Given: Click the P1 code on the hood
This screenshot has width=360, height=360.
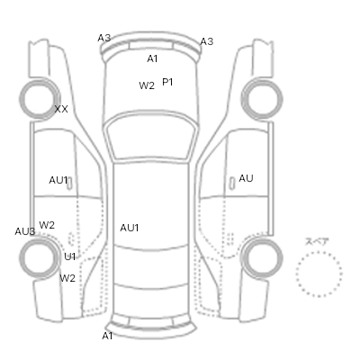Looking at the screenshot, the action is [167, 82].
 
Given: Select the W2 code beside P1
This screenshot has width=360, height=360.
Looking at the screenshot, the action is [147, 85].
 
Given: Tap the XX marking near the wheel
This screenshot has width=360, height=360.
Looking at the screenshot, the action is [61, 109].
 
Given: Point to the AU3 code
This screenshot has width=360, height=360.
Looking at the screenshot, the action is [25, 231].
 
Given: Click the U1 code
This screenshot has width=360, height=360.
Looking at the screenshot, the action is [70, 256].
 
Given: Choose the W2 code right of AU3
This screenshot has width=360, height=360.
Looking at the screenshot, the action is [47, 225].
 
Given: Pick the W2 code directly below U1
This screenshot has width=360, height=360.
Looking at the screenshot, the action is [67, 278].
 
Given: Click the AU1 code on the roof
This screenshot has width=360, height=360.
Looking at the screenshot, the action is [130, 228].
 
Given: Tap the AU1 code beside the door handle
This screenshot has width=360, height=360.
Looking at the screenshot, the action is [58, 180].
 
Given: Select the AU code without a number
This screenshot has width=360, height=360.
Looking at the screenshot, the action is [246, 178].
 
